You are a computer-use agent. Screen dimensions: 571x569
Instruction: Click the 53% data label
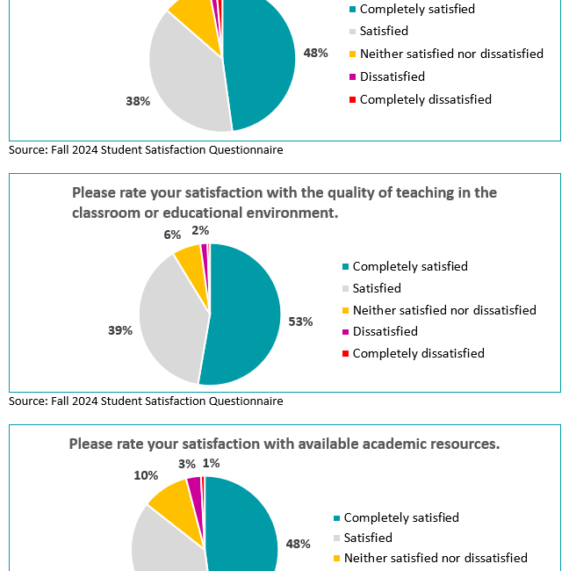(x=300, y=322)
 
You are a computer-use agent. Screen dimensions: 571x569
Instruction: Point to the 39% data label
(x=120, y=330)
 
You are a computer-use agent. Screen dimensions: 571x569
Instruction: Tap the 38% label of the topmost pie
(x=138, y=101)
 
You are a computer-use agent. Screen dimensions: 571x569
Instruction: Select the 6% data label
(x=171, y=235)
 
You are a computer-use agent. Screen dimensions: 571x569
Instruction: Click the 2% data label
(x=200, y=230)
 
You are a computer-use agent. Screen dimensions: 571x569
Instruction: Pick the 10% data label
(x=146, y=475)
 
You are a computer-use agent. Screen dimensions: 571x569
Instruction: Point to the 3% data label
(x=187, y=464)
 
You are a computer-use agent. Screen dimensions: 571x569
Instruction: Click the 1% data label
(x=211, y=463)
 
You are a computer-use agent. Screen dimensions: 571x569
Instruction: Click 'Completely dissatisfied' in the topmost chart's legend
(x=425, y=99)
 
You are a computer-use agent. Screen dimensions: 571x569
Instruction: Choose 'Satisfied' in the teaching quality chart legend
(x=377, y=288)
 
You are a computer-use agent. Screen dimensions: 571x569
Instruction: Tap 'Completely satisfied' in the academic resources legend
(x=400, y=518)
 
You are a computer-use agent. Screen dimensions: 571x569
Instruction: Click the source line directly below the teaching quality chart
(x=146, y=401)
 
